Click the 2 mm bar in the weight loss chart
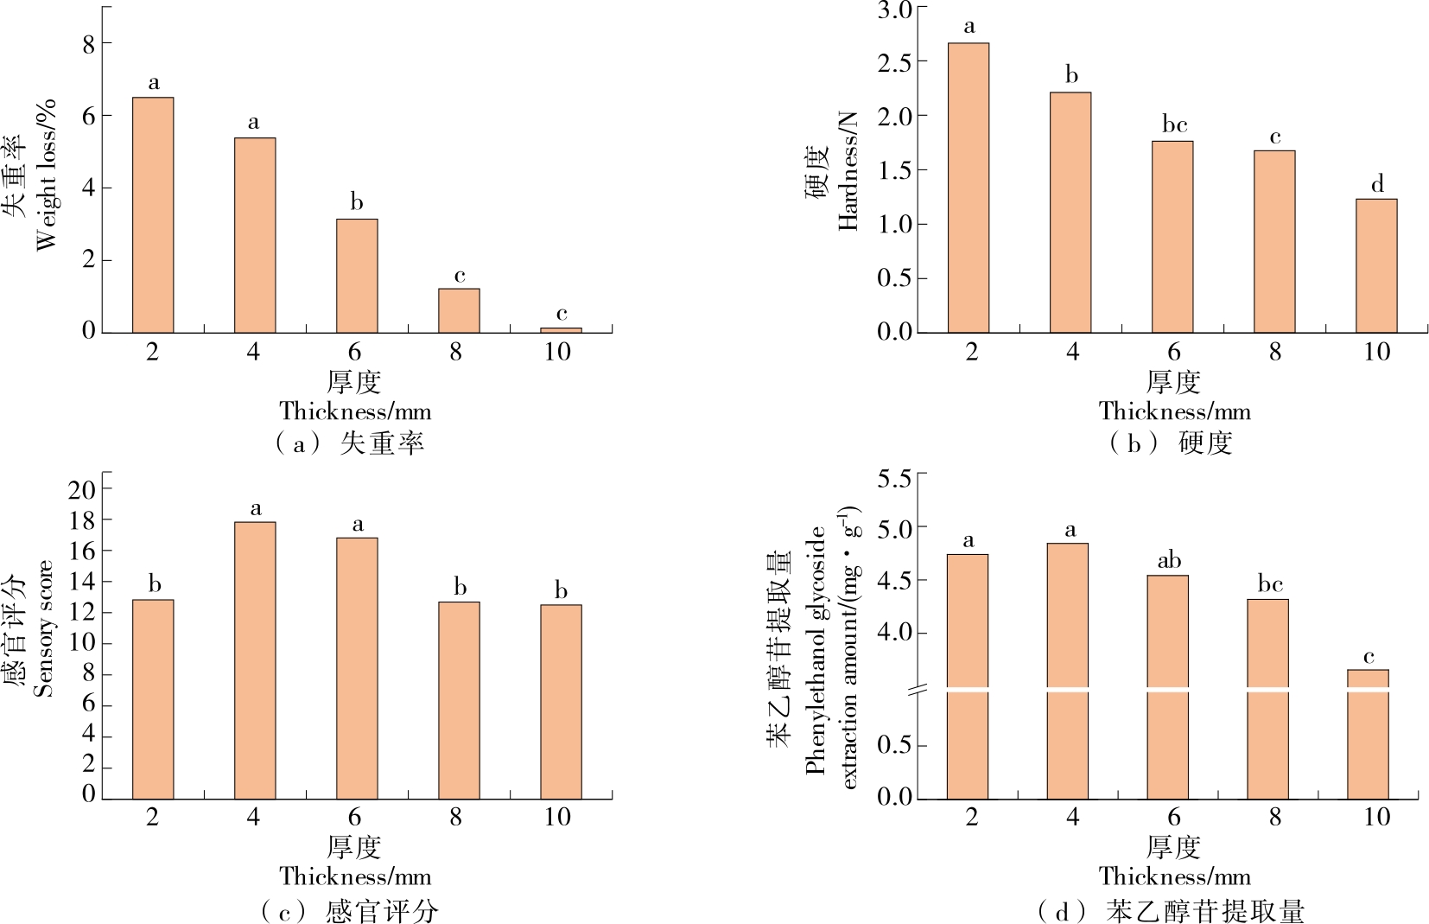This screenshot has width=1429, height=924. [153, 215]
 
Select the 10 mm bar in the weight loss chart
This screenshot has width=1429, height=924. [561, 329]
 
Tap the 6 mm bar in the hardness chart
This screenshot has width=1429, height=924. [1172, 237]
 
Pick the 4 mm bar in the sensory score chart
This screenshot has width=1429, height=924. [255, 660]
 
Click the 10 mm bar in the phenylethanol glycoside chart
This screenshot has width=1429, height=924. [1368, 734]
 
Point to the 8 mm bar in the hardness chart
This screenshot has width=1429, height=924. [1274, 242]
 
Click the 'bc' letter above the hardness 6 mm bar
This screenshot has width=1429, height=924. [1174, 125]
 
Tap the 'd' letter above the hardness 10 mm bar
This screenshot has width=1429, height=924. [1377, 184]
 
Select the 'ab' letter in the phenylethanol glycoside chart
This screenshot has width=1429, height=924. [1169, 561]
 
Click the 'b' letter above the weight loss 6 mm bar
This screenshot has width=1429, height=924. [357, 203]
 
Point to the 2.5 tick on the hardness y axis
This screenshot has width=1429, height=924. [895, 62]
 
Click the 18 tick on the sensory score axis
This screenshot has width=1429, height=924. [83, 520]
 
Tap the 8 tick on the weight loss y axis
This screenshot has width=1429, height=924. [89, 43]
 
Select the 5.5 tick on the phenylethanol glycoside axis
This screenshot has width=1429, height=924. [895, 478]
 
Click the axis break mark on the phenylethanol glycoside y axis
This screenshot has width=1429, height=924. [918, 690]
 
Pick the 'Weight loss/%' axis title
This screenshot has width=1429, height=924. [46, 175]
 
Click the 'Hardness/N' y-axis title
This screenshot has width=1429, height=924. [848, 171]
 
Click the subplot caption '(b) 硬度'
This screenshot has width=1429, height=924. [1172, 443]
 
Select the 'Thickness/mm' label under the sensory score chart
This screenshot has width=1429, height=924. [355, 876]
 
